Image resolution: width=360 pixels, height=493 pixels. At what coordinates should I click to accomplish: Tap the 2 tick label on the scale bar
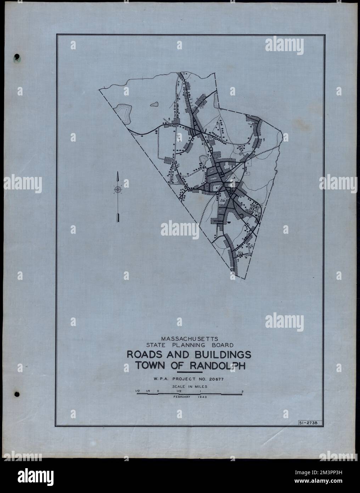tap(242, 392)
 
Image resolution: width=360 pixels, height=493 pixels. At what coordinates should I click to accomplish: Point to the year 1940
tap(200, 398)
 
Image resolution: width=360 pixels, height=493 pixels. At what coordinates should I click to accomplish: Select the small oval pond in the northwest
tap(154, 105)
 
